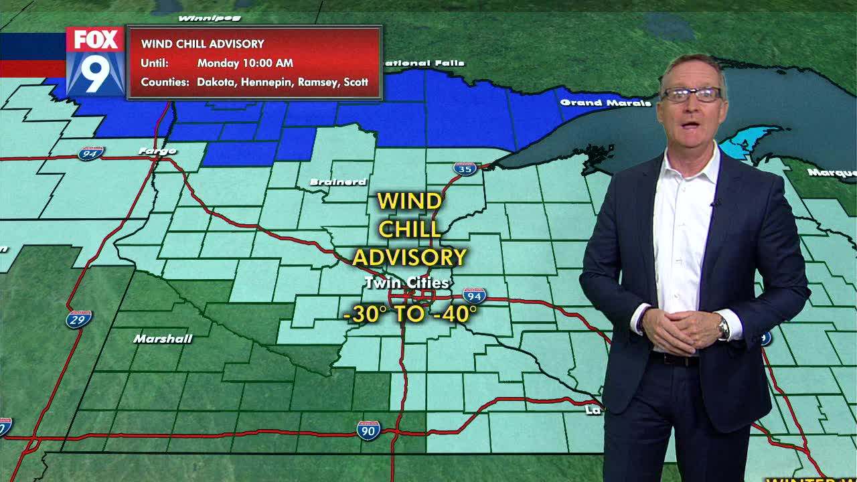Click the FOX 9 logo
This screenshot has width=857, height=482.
(x=95, y=61)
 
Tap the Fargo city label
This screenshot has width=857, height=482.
(x=157, y=151)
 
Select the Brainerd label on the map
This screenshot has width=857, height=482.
(x=338, y=182)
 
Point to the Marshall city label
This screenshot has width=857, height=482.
(x=163, y=339)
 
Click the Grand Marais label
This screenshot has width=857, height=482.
(x=605, y=103)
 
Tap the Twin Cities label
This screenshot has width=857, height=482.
(x=406, y=283)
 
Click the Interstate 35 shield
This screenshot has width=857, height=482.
(x=465, y=168)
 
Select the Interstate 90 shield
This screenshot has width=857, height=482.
(x=368, y=430)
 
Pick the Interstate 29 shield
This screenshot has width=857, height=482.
(x=79, y=319)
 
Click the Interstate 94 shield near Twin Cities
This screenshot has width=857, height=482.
(x=474, y=296)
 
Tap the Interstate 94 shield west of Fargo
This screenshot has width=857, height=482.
(x=90, y=153)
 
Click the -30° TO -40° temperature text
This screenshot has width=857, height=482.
(x=410, y=313)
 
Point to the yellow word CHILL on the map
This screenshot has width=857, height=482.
(x=410, y=229)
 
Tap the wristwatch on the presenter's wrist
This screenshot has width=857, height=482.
(x=723, y=329)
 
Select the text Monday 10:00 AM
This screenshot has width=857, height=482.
(x=245, y=64)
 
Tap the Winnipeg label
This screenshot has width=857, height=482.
(x=200, y=17)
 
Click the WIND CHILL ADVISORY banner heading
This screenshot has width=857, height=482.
(x=202, y=44)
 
